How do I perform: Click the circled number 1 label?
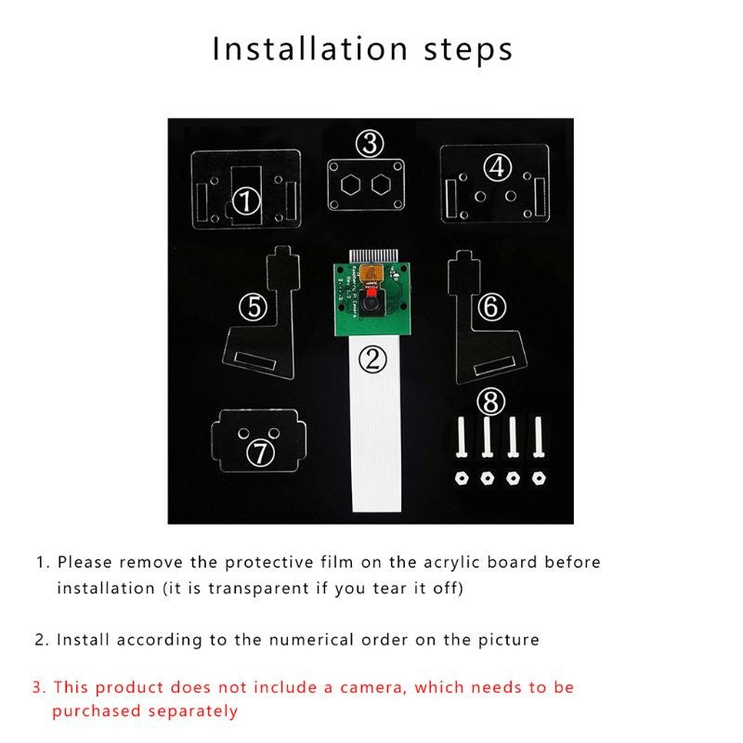[x=246, y=201]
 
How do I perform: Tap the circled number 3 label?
[x=370, y=144]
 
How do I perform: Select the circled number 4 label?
[x=498, y=167]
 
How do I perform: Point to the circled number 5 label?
[x=254, y=306]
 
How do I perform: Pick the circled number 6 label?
[x=491, y=306]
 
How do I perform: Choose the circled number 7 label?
[x=261, y=452]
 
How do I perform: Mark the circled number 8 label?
[x=491, y=402]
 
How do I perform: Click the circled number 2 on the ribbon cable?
[x=373, y=359]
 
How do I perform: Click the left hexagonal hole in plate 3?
[x=351, y=185]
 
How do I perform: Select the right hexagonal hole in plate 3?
[x=381, y=185]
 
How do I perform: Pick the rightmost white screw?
[x=538, y=437]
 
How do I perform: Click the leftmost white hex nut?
[x=461, y=478]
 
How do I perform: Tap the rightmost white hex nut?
[x=539, y=478]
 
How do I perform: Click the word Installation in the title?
[x=310, y=49]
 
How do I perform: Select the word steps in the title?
[x=468, y=51]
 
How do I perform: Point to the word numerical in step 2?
[x=311, y=640]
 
